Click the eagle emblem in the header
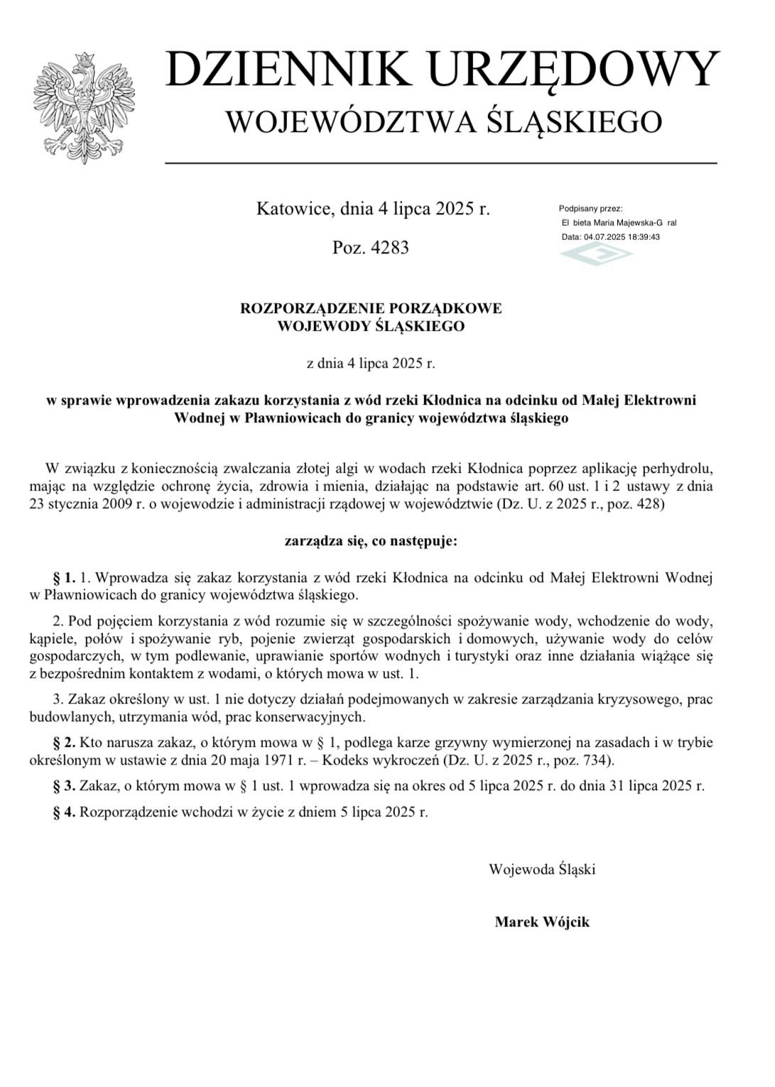click(84, 106)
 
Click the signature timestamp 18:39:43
click(642, 237)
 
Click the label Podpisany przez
click(591, 209)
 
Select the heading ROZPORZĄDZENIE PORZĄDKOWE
click(371, 308)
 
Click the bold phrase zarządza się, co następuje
click(371, 541)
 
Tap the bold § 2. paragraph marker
click(64, 743)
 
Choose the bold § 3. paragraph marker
click(64, 786)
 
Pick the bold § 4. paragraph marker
click(64, 812)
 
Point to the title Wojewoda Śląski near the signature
click(542, 869)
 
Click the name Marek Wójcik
click(542, 922)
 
